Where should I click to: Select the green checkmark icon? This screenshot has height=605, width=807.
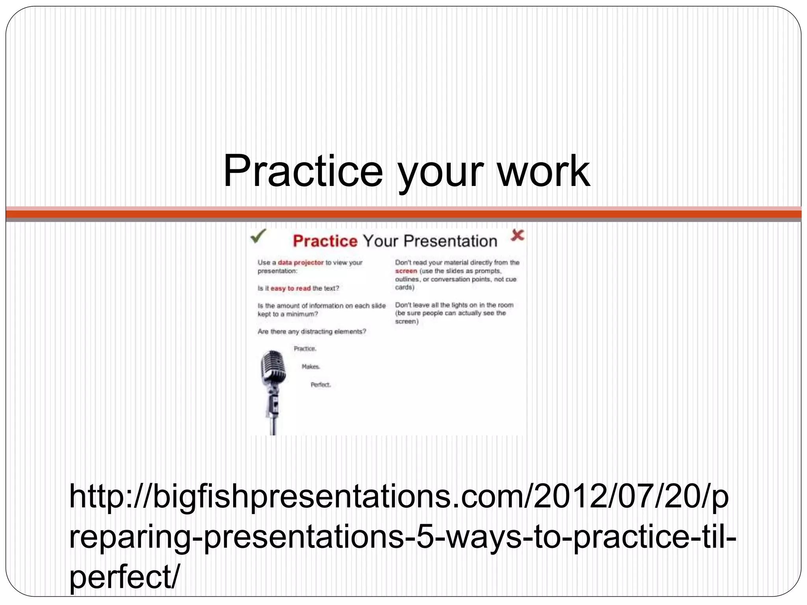[258, 236]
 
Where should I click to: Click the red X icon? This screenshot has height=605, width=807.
[517, 236]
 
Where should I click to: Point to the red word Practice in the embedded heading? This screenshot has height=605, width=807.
[325, 241]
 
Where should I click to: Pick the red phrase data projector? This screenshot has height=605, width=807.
[301, 262]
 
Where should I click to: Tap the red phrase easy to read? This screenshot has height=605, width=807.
[290, 288]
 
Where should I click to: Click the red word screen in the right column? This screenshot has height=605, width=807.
[406, 271]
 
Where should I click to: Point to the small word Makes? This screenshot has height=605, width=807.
[311, 367]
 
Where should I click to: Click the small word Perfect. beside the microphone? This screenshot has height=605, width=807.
[321, 385]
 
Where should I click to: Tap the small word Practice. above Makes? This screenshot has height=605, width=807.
[305, 349]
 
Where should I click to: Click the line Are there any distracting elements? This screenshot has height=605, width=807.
[312, 332]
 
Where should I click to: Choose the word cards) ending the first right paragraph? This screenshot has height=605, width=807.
[405, 288]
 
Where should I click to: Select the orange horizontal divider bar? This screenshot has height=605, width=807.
[403, 214]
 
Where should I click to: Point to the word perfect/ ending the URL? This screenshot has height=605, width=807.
[125, 577]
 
